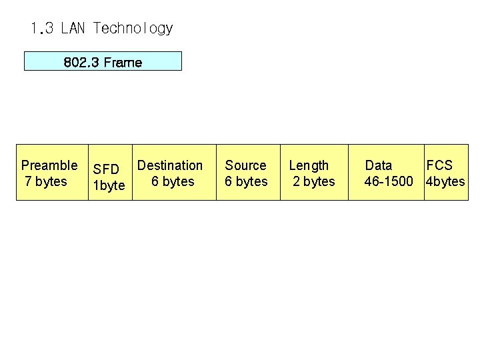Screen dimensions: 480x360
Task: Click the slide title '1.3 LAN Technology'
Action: tap(101, 29)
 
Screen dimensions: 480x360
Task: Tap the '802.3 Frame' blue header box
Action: tap(103, 61)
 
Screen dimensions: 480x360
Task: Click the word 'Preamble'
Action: tap(49, 165)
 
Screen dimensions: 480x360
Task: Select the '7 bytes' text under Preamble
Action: tap(46, 181)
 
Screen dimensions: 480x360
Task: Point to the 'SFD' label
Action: tap(106, 170)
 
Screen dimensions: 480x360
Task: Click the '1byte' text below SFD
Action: tap(109, 185)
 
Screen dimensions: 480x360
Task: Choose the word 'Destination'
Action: tap(170, 165)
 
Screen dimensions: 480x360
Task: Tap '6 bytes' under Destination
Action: tap(173, 181)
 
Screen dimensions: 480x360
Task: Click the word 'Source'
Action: tap(245, 165)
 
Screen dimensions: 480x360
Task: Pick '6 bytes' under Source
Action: tap(246, 181)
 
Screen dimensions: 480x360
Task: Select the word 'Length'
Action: tap(309, 165)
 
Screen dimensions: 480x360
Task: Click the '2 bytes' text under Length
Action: tap(314, 181)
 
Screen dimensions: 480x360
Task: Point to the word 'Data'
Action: tap(379, 165)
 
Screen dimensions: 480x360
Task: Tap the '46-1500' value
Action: tap(389, 181)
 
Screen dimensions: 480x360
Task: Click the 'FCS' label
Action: tap(439, 165)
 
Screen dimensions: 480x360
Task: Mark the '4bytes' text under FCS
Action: tap(445, 181)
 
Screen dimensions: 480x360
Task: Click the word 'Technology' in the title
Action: tap(133, 29)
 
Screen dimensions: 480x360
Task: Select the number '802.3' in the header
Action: tap(81, 62)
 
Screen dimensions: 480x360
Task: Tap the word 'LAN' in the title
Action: tap(73, 29)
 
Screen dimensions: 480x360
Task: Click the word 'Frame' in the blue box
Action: tap(123, 62)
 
